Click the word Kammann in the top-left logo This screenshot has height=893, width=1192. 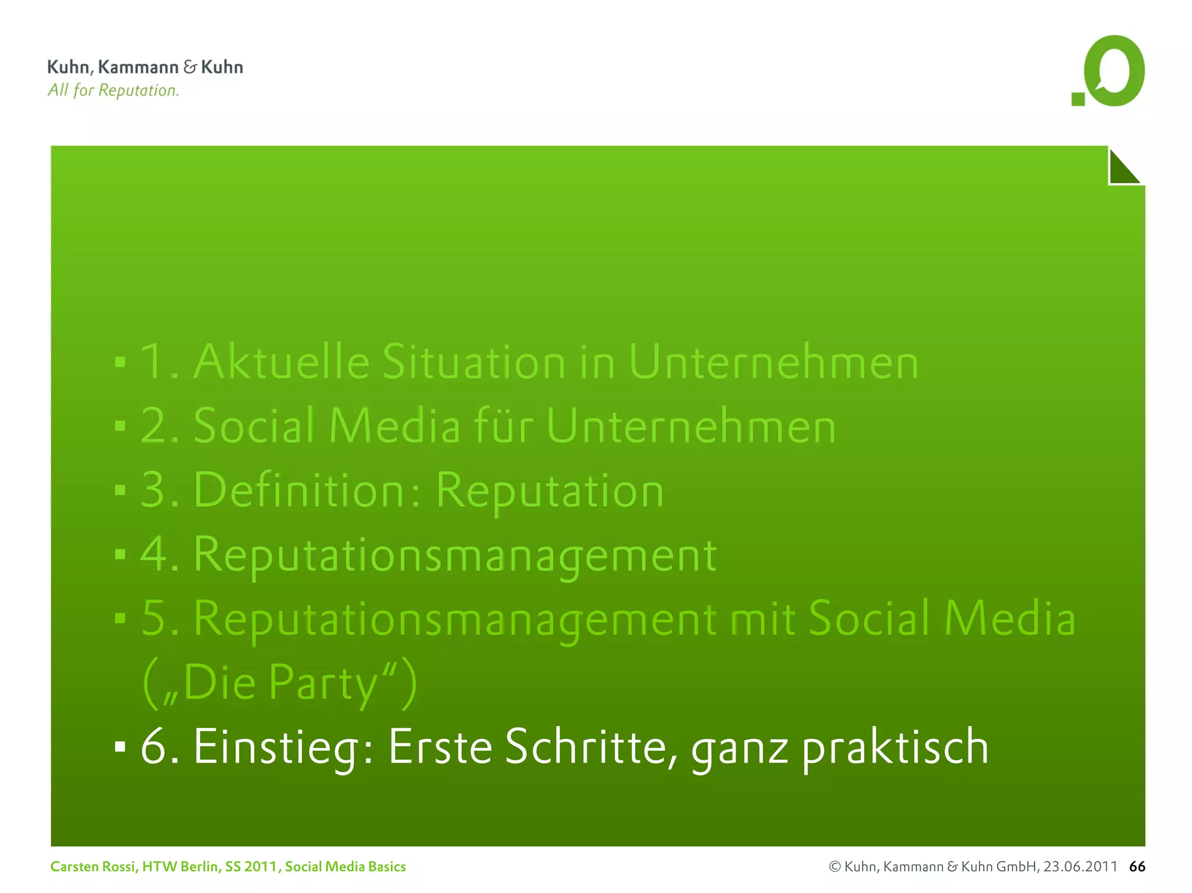pos(138,67)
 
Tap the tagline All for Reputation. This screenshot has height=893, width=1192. pos(113,90)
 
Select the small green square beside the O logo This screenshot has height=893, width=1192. pos(1078,99)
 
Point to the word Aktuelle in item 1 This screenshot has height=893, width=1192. pos(282,362)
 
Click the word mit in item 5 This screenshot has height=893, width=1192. pos(762,618)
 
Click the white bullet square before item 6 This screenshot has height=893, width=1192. pos(120,746)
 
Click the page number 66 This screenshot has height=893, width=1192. pos(1137,867)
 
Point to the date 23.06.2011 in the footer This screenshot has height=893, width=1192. pos(1080,867)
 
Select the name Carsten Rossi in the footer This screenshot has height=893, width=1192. pos(93,867)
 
